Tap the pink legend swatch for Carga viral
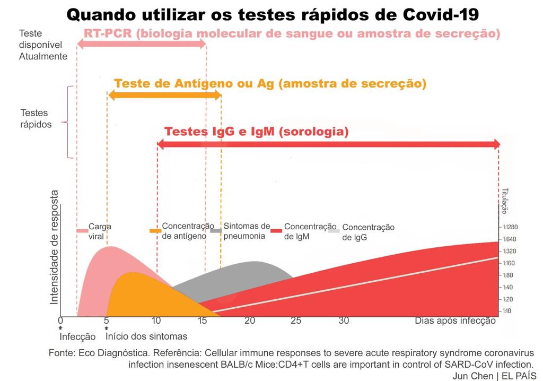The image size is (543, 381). click(x=82, y=231)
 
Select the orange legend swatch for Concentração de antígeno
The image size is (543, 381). click(x=155, y=231)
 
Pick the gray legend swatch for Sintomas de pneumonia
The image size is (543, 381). click(x=216, y=231)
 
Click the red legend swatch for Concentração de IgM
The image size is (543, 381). click(x=276, y=231)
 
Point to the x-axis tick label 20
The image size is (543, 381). click(x=250, y=321)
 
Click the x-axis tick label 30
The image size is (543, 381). click(x=344, y=321)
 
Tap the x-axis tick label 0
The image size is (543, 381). click(x=60, y=321)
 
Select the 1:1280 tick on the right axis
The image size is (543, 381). click(x=510, y=227)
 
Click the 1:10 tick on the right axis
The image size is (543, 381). click(x=507, y=311)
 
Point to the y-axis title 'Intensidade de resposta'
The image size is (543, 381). click(x=54, y=248)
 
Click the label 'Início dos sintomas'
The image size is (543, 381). click(x=146, y=336)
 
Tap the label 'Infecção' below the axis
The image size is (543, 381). click(x=77, y=336)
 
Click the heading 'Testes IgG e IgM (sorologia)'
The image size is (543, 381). click(x=257, y=132)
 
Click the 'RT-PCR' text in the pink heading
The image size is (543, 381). click(x=108, y=34)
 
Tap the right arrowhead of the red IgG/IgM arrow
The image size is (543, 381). click(x=496, y=144)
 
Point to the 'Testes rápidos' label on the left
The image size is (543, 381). click(x=36, y=118)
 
